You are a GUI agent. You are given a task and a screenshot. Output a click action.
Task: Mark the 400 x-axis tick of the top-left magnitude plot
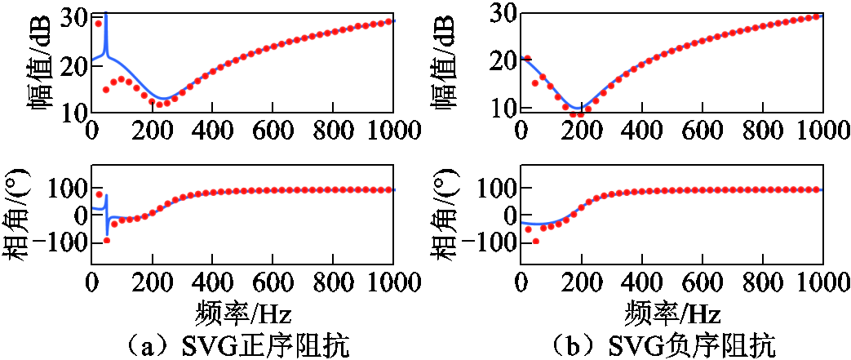coord(212,130)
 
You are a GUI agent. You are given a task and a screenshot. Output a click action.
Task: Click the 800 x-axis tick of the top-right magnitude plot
coord(763,130)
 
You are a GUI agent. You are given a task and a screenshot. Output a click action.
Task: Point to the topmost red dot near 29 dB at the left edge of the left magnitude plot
coord(99,24)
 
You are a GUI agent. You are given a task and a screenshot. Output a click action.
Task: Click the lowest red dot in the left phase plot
coord(106,240)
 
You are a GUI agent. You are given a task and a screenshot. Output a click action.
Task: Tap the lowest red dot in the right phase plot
coord(535,241)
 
